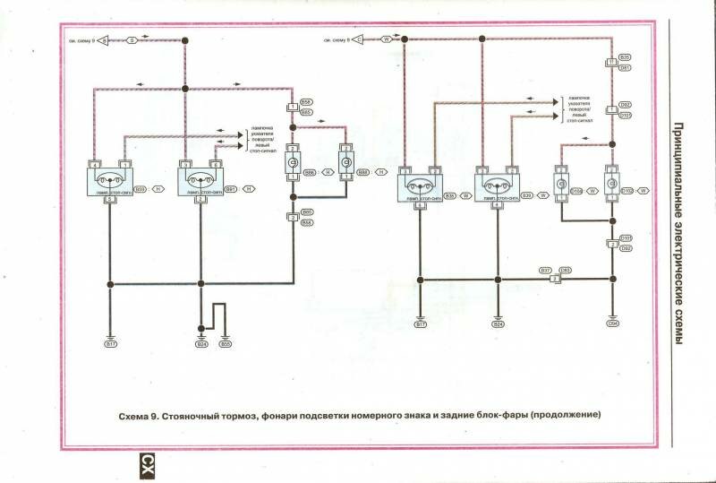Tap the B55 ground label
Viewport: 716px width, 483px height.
tap(226, 343)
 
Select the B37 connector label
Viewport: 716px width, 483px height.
tap(545, 269)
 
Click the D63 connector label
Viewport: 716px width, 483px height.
tap(566, 269)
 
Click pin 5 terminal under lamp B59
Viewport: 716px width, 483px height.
tap(110, 199)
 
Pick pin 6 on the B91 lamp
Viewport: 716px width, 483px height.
tap(216, 164)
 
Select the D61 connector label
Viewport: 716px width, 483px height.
tap(626, 67)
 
